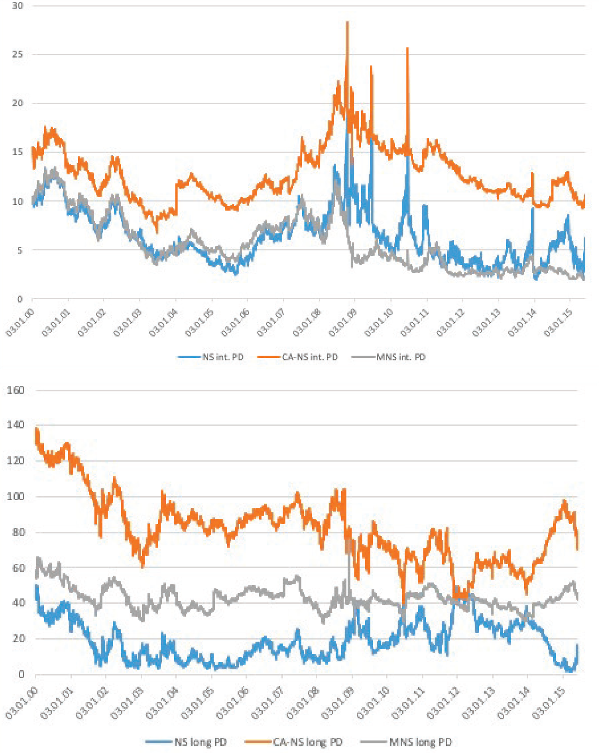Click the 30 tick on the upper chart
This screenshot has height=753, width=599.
tap(17, 6)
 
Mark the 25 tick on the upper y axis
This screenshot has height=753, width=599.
tap(17, 54)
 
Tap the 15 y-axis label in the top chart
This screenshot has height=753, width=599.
tap(17, 152)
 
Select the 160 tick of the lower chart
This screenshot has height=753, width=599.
tap(15, 390)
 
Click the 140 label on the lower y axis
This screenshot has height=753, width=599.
tap(15, 425)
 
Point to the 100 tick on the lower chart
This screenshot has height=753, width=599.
tap(15, 497)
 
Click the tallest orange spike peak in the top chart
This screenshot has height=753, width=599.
tap(347, 22)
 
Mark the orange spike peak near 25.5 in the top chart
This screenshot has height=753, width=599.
tap(407, 48)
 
